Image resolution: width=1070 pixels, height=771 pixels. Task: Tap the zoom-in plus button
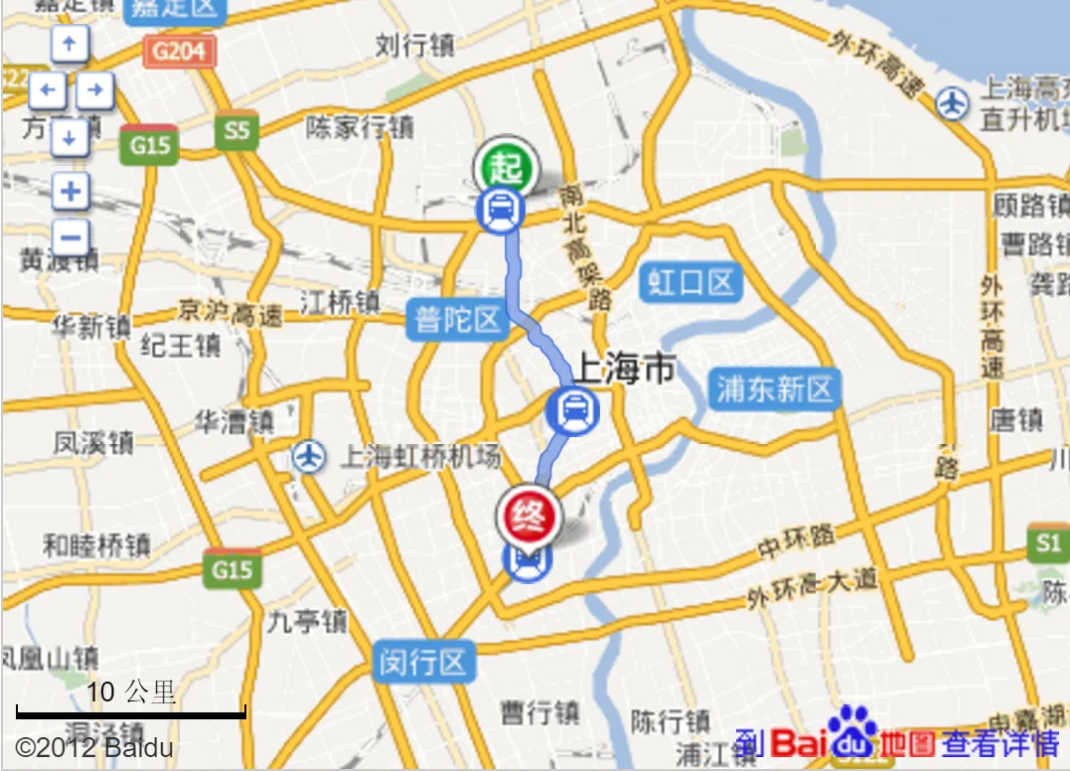tap(70, 191)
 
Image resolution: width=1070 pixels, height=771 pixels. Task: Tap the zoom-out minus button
tap(70, 237)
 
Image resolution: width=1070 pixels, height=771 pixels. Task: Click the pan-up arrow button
tap(70, 44)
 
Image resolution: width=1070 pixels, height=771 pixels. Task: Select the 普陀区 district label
tap(457, 320)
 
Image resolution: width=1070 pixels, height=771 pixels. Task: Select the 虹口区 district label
tap(691, 283)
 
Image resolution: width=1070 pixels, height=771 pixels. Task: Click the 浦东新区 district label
tap(775, 388)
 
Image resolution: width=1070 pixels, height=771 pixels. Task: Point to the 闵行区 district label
tap(423, 662)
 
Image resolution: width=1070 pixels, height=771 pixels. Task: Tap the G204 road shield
tap(180, 50)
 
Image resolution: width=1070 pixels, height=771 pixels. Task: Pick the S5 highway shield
tap(236, 130)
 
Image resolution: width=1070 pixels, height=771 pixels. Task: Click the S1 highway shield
tap(1048, 542)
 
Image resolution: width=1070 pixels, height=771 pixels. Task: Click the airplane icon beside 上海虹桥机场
tap(310, 457)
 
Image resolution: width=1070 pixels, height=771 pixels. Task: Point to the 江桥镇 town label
tap(340, 302)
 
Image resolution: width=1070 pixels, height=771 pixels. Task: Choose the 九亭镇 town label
tap(307, 622)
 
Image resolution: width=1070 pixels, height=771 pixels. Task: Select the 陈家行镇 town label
tap(359, 127)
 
